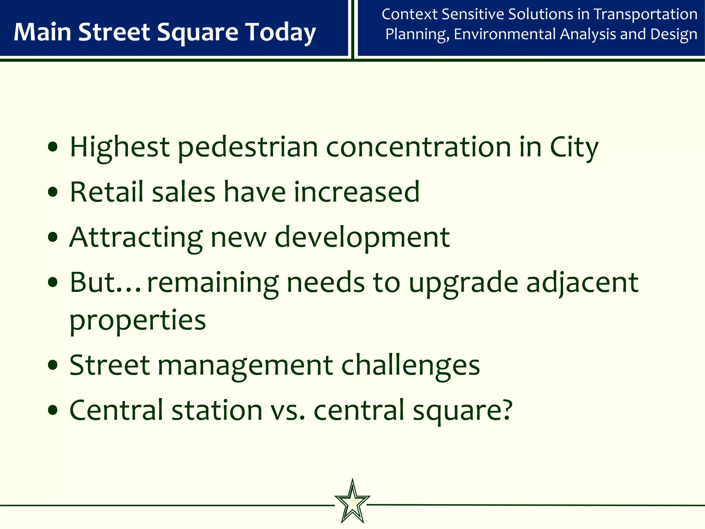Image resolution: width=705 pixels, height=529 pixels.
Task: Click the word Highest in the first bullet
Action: tap(119, 147)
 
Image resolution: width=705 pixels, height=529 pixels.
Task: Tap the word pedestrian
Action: tap(248, 147)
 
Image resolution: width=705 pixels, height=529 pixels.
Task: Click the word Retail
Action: tap(106, 192)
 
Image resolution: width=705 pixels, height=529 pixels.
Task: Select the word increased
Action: tap(357, 192)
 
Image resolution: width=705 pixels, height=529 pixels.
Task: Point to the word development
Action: tap(362, 237)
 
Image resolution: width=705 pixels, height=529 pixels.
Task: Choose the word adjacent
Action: tap(582, 282)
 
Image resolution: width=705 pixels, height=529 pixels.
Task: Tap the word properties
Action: tap(137, 320)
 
